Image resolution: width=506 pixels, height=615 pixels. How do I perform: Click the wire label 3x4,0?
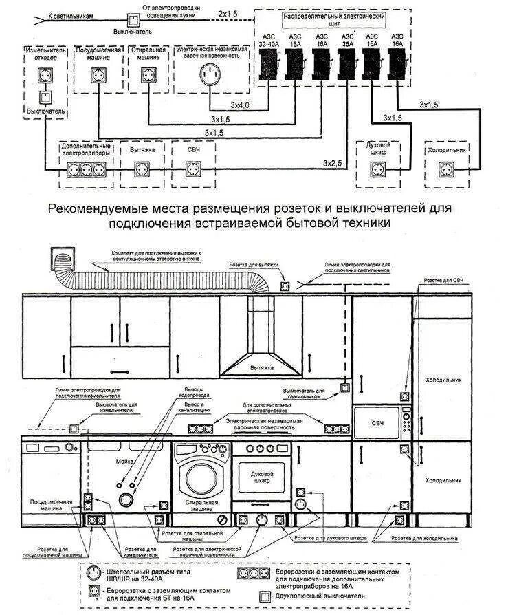pyautogui.click(x=240, y=105)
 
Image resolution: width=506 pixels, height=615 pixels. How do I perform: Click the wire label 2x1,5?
pyautogui.click(x=228, y=13)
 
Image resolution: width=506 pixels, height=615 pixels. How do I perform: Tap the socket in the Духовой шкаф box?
pyautogui.click(x=377, y=167)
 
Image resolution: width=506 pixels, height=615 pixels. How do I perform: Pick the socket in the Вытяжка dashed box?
pyautogui.click(x=141, y=166)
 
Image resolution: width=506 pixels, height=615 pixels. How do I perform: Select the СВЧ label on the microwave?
pyautogui.click(x=377, y=421)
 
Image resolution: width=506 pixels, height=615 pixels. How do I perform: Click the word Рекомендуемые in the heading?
pyautogui.click(x=96, y=207)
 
